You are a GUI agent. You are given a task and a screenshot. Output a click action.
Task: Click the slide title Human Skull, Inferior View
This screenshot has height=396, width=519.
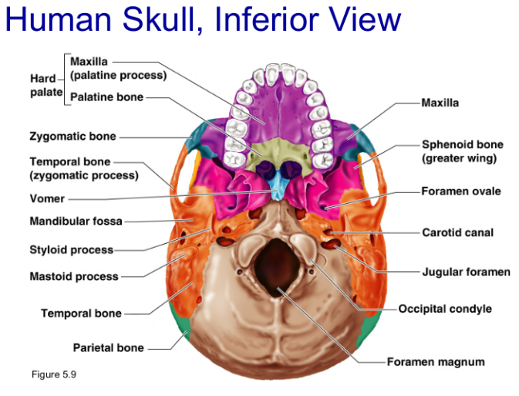click(203, 21)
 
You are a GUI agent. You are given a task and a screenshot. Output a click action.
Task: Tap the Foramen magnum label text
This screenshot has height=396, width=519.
click(436, 361)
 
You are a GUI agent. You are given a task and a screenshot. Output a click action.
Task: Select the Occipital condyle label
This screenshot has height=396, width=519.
click(445, 309)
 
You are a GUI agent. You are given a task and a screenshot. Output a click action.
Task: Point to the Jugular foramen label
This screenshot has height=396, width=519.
click(466, 272)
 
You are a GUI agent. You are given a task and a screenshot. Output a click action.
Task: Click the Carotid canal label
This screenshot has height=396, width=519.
click(457, 232)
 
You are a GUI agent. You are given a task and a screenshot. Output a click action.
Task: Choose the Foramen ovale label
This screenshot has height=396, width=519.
click(460, 191)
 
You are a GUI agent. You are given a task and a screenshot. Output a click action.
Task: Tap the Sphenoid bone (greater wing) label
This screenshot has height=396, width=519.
click(462, 151)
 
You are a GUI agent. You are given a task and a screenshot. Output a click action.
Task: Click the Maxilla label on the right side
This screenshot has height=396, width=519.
click(440, 102)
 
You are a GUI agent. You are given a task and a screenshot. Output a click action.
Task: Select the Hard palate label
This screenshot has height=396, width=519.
click(43, 85)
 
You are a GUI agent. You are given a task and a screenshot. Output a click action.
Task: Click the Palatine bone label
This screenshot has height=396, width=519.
click(106, 97)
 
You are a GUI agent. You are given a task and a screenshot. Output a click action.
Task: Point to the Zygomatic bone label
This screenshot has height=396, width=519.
click(72, 136)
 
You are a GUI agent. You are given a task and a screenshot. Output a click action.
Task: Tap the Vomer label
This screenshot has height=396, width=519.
click(47, 199)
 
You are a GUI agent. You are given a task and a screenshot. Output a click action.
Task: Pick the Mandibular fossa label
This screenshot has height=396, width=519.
click(76, 222)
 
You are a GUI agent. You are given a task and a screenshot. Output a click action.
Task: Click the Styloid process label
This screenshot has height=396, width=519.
click(71, 250)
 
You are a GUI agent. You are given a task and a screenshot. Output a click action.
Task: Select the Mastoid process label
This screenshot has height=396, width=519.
click(74, 276)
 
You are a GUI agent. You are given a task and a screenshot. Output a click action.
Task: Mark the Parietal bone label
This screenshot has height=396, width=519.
click(108, 347)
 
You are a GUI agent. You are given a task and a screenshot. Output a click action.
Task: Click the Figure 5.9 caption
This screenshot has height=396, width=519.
click(54, 374)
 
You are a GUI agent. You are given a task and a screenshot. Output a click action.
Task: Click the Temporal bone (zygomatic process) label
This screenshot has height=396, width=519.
click(83, 168)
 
